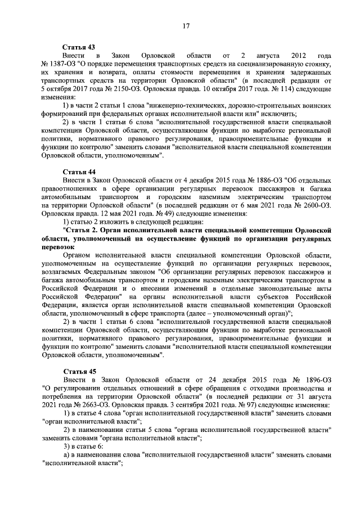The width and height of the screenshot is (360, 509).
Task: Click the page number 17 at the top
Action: [x=185, y=25]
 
